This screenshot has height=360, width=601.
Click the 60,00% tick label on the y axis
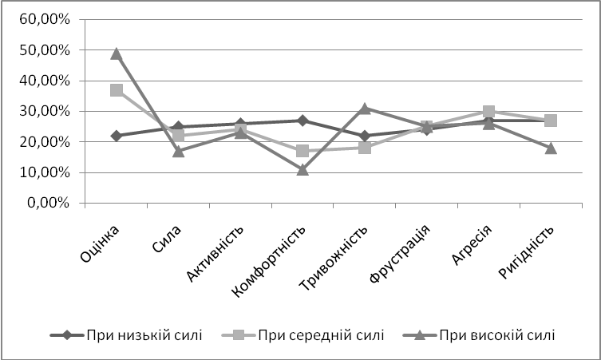[x=45, y=19]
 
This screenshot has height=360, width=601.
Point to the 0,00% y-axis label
[x=49, y=203]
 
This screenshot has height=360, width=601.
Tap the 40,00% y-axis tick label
[x=45, y=81]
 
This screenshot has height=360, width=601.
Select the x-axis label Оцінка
[x=100, y=243]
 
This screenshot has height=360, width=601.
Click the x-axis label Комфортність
[x=270, y=262]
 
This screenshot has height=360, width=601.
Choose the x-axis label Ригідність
[x=527, y=252]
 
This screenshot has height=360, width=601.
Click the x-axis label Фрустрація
[x=400, y=254]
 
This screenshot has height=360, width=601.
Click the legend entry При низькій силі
[x=126, y=335]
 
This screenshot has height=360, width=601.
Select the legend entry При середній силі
[x=303, y=335]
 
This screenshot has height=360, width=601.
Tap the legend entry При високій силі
[x=479, y=335]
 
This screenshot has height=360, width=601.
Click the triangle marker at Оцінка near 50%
[x=117, y=53]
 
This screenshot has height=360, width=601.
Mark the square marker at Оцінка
[x=117, y=90]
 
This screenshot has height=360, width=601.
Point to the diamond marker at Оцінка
[x=117, y=136]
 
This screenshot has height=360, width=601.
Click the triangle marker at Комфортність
[x=302, y=169]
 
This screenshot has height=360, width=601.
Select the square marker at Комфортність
[x=302, y=151]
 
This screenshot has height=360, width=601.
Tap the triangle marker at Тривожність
[x=365, y=109]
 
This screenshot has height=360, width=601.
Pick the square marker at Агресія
[x=488, y=111]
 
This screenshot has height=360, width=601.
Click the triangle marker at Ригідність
[x=551, y=148]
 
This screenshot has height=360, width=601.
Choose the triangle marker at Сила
[x=179, y=151]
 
